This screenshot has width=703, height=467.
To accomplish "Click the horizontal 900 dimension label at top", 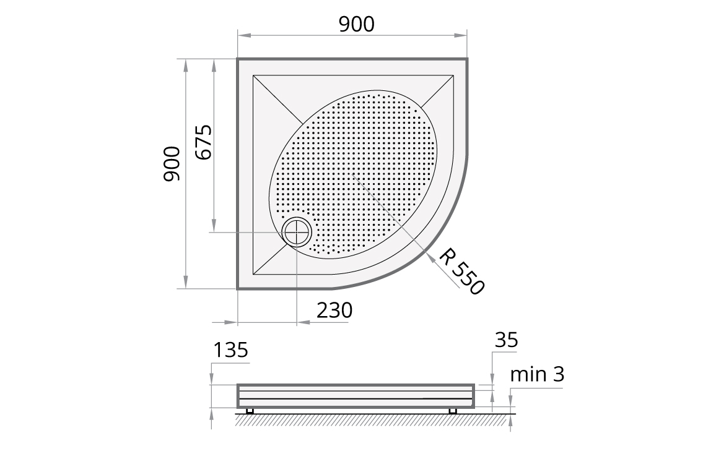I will click(x=356, y=24).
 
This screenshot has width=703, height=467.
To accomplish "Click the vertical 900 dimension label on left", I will click(x=172, y=164).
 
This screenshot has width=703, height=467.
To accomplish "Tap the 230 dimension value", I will click(x=334, y=310).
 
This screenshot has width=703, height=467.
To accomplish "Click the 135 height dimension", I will click(x=230, y=350).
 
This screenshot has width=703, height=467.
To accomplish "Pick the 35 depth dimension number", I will click(x=506, y=340).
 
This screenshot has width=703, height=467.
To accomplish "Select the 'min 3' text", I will click(x=537, y=374).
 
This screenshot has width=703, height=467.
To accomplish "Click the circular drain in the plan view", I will click(x=297, y=233).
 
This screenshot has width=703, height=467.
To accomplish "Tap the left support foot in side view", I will click(x=250, y=411).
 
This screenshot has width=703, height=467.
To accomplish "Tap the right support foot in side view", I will click(x=452, y=411).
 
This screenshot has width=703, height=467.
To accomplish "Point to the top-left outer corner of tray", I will click(x=238, y=60).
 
